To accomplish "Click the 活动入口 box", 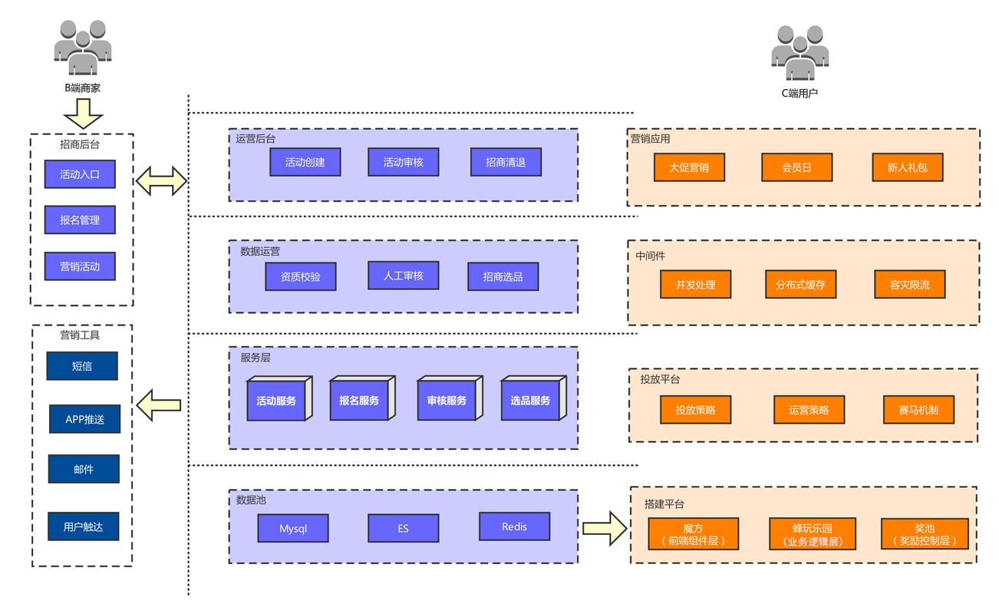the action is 80,174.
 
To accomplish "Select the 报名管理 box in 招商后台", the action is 80,220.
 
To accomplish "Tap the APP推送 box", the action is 84,419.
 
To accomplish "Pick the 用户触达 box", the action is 84,527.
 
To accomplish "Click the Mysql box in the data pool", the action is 293,528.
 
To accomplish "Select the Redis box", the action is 515,527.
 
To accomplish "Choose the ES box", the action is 403,528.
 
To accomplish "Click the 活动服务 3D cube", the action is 279,398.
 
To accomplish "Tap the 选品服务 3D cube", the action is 533,398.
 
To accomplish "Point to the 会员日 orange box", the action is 796,167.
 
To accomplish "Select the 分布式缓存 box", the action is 800,284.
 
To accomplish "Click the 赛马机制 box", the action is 918,410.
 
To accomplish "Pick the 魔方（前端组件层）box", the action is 693,533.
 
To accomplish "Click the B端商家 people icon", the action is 83,47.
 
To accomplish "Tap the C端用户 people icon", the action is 800,53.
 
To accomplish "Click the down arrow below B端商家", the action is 84,114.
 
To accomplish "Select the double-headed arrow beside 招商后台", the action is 161,181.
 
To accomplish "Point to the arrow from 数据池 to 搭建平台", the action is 605,528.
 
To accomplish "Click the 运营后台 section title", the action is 256,139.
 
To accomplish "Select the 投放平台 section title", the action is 660,379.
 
